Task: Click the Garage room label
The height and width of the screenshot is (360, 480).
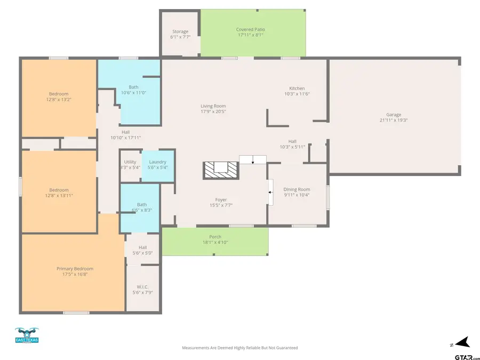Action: (394, 117)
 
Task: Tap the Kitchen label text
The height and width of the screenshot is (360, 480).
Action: (297, 91)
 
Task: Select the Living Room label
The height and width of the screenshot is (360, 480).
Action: (213, 109)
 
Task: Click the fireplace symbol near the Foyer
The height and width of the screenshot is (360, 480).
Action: (220, 170)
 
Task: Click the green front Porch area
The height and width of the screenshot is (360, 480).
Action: (215, 241)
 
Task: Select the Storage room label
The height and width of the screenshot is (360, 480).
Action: (180, 35)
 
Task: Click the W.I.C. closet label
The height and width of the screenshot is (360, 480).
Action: (142, 290)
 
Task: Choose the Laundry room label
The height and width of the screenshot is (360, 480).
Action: (157, 165)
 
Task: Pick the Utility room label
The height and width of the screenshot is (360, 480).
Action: (130, 165)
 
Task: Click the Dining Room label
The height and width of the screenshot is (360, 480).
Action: (297, 192)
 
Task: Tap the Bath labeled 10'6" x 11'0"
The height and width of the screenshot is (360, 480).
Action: (134, 90)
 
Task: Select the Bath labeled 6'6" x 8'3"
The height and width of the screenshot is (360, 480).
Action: (141, 207)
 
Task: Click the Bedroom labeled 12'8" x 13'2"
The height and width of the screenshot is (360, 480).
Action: (59, 97)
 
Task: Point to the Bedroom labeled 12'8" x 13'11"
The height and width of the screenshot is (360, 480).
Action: (59, 193)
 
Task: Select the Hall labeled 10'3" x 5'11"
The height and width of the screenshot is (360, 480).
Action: (292, 144)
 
